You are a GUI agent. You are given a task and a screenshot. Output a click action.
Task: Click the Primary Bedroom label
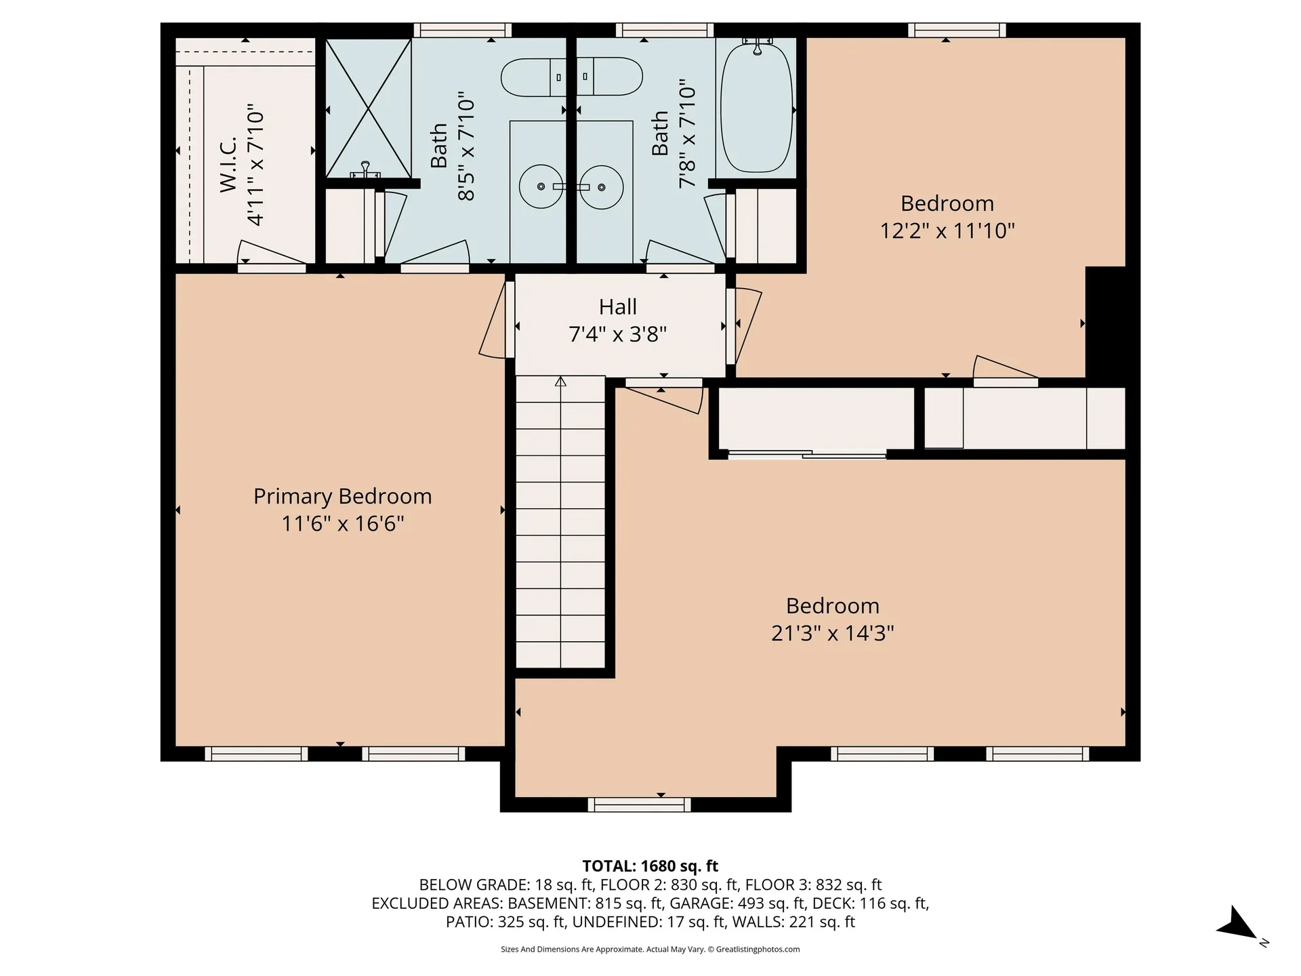pyautogui.click(x=342, y=496)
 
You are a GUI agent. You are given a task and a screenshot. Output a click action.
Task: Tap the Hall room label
pyautogui.click(x=617, y=307)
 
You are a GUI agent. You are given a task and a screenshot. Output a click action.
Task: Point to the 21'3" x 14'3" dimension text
pyautogui.click(x=833, y=633)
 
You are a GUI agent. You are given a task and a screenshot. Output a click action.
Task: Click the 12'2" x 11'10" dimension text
pyautogui.click(x=947, y=230)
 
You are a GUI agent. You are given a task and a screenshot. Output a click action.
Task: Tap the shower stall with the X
pyautogui.click(x=368, y=108)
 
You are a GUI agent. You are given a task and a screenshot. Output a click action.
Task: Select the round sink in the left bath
pyautogui.click(x=541, y=186)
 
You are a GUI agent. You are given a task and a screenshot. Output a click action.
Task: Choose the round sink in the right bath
pyautogui.click(x=602, y=186)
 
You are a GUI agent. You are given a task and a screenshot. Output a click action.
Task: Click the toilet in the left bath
pyautogui.click(x=533, y=77)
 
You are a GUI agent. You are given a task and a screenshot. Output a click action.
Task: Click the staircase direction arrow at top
pyautogui.click(x=560, y=382)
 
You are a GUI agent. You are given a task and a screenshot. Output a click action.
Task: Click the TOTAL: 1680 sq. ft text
pyautogui.click(x=650, y=866)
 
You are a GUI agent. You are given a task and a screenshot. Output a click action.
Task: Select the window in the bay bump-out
pyautogui.click(x=639, y=805)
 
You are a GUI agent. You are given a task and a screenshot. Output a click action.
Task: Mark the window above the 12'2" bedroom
pyautogui.click(x=957, y=30)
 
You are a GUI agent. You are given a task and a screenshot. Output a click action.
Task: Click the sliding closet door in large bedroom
pyautogui.click(x=806, y=454)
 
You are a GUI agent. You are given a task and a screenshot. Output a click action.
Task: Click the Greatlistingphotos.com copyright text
pyautogui.click(x=650, y=950)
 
